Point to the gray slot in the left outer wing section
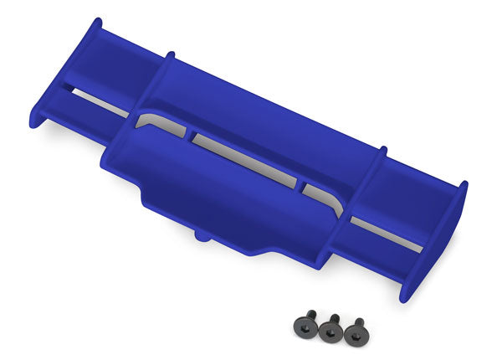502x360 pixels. point(92,100)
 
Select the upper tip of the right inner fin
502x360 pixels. point(383,152)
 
